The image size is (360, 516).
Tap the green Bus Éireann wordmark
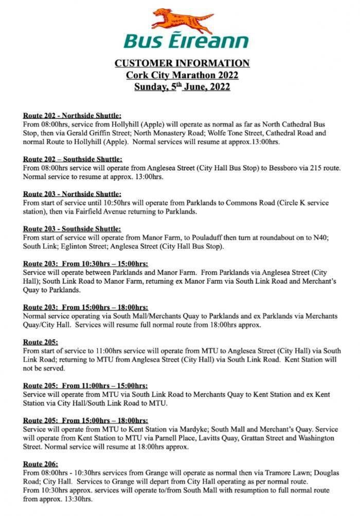186,40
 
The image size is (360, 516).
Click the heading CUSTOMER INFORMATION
182,63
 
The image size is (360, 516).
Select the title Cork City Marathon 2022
182,75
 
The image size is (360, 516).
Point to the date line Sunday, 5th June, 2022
182,86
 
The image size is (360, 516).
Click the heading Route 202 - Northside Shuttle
72,116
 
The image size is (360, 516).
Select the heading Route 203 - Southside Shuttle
72,228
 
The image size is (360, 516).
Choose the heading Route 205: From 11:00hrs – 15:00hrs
85,385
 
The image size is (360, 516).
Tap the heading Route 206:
41,464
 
